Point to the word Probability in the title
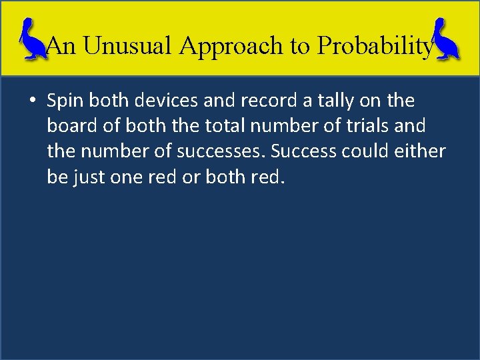pos(375,45)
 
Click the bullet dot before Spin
pos(32,101)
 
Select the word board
pos(70,126)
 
